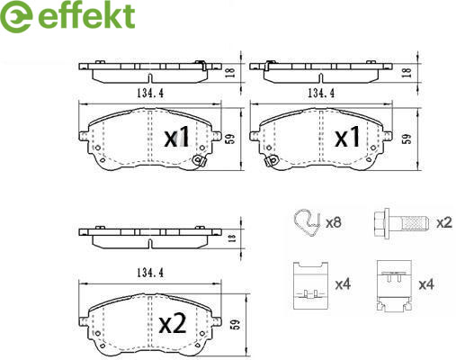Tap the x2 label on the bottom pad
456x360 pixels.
tap(173, 324)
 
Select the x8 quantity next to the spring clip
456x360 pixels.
tap(334, 222)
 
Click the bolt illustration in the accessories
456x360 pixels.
tap(401, 222)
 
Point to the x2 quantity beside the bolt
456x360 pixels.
tap(444, 222)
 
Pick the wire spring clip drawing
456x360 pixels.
tap(308, 221)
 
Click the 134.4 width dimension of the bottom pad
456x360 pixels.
tap(150, 273)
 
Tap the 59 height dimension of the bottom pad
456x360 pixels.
tap(237, 324)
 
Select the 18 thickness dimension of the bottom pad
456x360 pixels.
tap(232, 238)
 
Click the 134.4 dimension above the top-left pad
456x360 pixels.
tap(150, 94)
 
